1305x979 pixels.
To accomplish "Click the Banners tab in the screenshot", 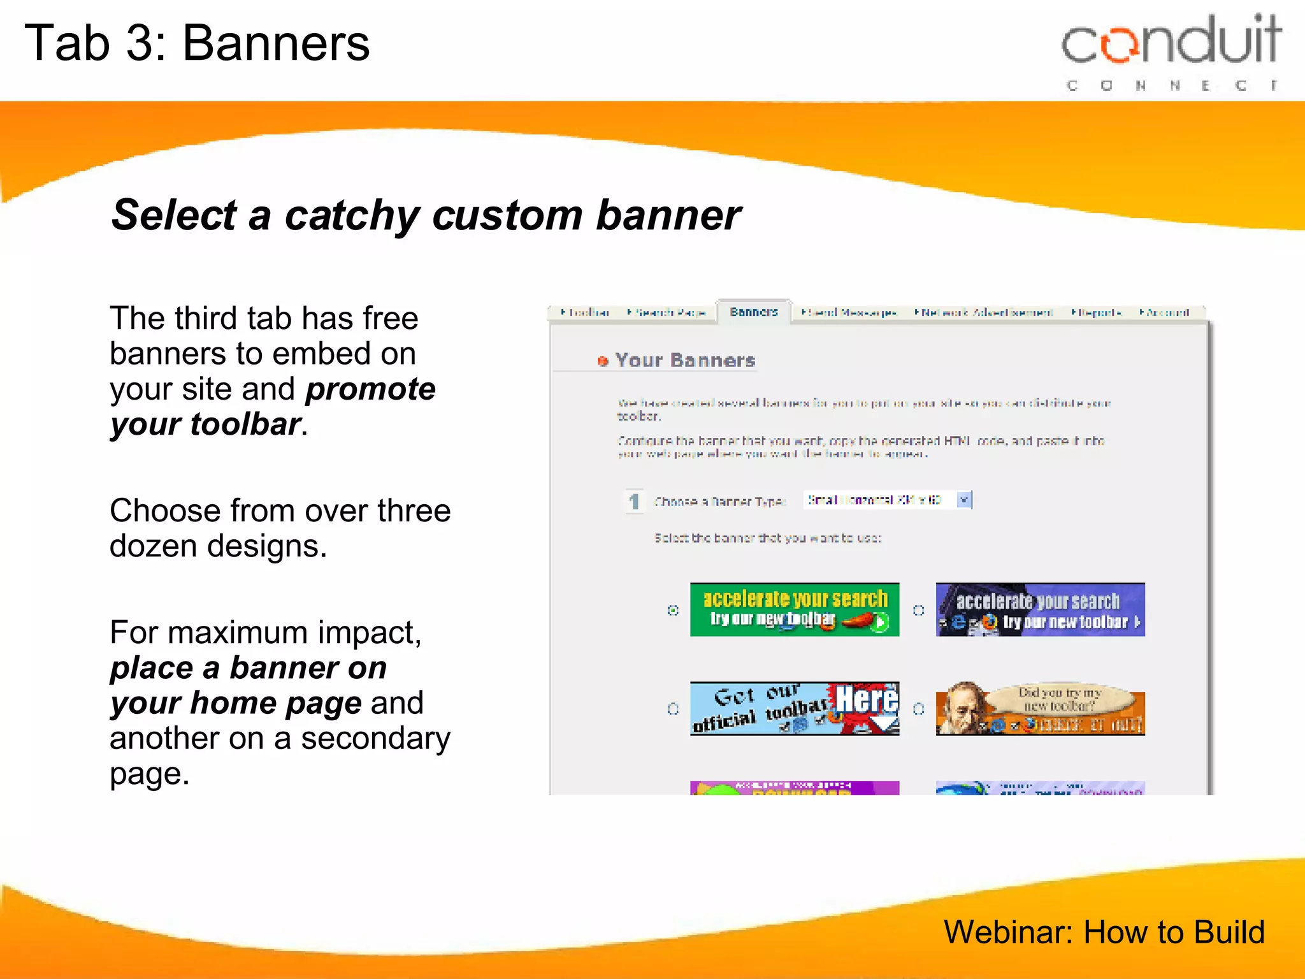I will pos(754,312).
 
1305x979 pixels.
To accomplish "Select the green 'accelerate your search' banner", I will pos(795,609).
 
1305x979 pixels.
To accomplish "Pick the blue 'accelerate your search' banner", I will pos(1040,609).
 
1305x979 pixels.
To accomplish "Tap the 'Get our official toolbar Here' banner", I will pos(795,708).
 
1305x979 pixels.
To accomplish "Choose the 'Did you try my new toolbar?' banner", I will pos(1040,708).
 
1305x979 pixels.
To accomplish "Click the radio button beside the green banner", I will pos(673,610).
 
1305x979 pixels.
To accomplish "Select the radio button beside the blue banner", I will pos(918,610).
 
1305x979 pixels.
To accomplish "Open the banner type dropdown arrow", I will pos(964,500).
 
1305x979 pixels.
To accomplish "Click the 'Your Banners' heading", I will pos(685,361).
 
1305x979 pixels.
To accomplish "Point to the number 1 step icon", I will pos(634,502).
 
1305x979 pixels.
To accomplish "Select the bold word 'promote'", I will pos(370,389).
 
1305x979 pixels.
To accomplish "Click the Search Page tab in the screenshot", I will pos(667,312).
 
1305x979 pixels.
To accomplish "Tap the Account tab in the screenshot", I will pos(1165,312).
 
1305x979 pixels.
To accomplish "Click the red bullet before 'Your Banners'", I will pos(603,361).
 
